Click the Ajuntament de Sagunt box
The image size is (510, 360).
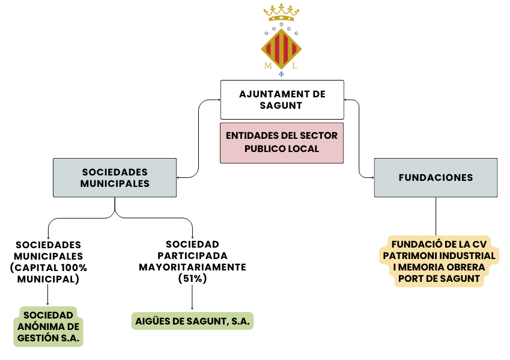282,100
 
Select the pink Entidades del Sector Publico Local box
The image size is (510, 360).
282,142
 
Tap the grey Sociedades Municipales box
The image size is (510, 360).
115,178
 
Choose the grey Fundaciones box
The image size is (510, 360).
436,178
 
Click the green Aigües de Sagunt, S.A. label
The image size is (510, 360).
193,321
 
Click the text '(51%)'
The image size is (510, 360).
192,278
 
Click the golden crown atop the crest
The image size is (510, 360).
281,13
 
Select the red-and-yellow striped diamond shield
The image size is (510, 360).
281,49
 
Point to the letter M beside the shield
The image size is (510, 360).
268,66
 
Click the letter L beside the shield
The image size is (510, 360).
294,66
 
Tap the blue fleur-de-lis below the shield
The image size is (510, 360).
281,74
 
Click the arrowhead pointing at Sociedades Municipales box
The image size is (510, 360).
179,178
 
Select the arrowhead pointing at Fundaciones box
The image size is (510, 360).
372,178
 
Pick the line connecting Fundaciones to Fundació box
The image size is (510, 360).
436,216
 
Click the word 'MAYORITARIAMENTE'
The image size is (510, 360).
192,267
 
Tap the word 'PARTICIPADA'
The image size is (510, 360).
192,255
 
